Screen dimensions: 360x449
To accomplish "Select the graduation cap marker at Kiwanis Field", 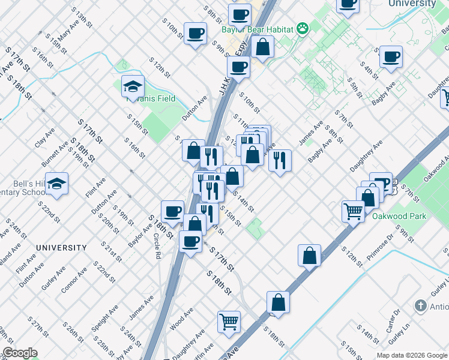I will click(x=133, y=88).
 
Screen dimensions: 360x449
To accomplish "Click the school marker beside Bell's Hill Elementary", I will click(x=56, y=185).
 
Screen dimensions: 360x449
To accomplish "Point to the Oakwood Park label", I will click(x=399, y=216).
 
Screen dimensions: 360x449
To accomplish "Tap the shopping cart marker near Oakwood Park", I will click(x=354, y=211).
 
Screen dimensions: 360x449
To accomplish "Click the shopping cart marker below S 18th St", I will click(x=229, y=322).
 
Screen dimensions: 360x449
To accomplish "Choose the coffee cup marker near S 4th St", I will click(x=391, y=58).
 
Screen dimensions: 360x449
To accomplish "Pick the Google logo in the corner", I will click(x=20, y=353).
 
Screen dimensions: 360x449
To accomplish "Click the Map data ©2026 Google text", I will click(x=412, y=355).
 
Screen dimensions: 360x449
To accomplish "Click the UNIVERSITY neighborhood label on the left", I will click(x=61, y=247).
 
